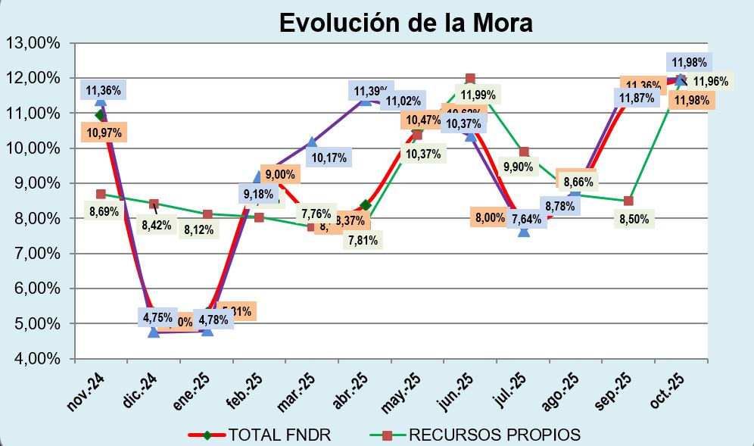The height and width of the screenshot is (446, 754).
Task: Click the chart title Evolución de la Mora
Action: pyautogui.click(x=406, y=22)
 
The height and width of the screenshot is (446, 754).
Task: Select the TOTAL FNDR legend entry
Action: pyautogui.click(x=279, y=435)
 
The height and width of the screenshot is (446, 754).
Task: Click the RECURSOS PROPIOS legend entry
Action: pyautogui.click(x=494, y=435)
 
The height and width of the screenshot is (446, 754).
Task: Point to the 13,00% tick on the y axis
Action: pyautogui.click(x=33, y=43)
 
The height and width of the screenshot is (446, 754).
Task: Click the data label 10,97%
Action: pyautogui.click(x=104, y=133)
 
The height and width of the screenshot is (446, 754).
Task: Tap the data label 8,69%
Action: pyautogui.click(x=104, y=211)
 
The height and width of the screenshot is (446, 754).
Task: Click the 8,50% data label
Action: pyautogui.click(x=634, y=220)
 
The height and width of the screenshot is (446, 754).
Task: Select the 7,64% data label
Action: pyautogui.click(x=527, y=220)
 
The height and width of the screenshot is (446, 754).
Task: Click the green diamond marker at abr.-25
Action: pyautogui.click(x=366, y=205)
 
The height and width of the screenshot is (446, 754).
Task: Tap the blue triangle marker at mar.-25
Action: pyautogui.click(x=312, y=142)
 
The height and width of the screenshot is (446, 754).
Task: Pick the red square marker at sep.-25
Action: pyautogui.click(x=629, y=201)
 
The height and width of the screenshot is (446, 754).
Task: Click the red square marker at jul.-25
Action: pyautogui.click(x=524, y=152)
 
